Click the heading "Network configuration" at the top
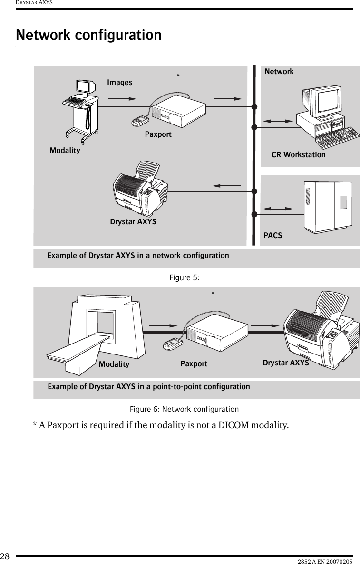pos(88,35)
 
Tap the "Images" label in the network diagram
pos(119,83)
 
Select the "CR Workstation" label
pos(298,154)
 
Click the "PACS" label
pos(272,235)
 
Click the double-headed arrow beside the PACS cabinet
pos(278,209)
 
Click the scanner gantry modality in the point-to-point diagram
pos(100,328)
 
